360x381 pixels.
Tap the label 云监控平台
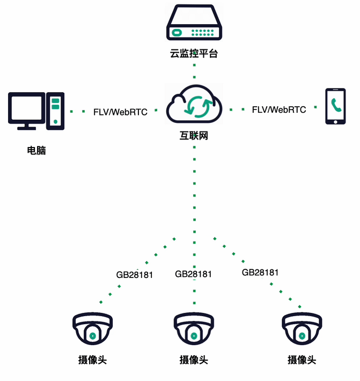point(194,54)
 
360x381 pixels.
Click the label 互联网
point(194,136)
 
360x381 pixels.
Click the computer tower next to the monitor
point(55,110)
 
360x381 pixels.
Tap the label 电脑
point(36,151)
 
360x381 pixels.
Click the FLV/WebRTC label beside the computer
point(120,112)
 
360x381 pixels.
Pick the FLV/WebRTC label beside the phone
point(279,109)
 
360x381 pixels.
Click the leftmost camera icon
point(92,328)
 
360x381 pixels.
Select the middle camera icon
point(194,328)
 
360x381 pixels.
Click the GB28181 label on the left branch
point(135,275)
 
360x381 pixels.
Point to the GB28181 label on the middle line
point(193,274)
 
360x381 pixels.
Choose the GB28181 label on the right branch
point(260,272)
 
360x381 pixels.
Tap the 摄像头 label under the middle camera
point(194,360)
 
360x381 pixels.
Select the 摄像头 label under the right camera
point(302,360)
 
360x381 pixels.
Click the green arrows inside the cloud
point(194,106)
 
